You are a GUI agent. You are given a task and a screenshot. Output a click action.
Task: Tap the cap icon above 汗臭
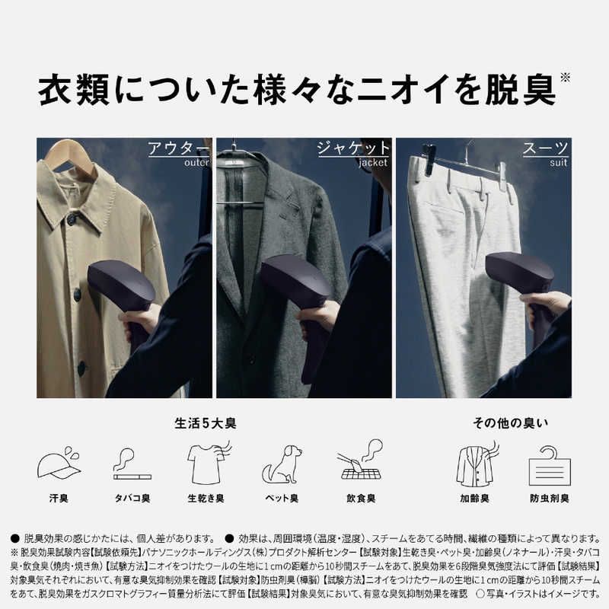click(x=59, y=464)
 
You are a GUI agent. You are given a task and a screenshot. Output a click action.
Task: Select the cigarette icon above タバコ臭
click(x=131, y=464)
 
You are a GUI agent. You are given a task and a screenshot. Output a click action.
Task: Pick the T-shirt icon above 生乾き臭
click(x=207, y=464)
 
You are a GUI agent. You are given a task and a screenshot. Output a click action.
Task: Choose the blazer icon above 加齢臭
click(x=476, y=464)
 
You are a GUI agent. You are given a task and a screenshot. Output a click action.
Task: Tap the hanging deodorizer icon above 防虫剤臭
click(x=550, y=464)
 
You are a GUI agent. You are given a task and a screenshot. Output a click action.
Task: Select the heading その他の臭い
click(x=509, y=423)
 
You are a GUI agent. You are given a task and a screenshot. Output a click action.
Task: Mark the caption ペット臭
click(x=281, y=499)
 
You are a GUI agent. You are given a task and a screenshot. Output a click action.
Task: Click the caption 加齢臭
click(x=475, y=499)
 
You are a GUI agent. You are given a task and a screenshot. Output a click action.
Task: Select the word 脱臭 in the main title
click(x=520, y=90)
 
